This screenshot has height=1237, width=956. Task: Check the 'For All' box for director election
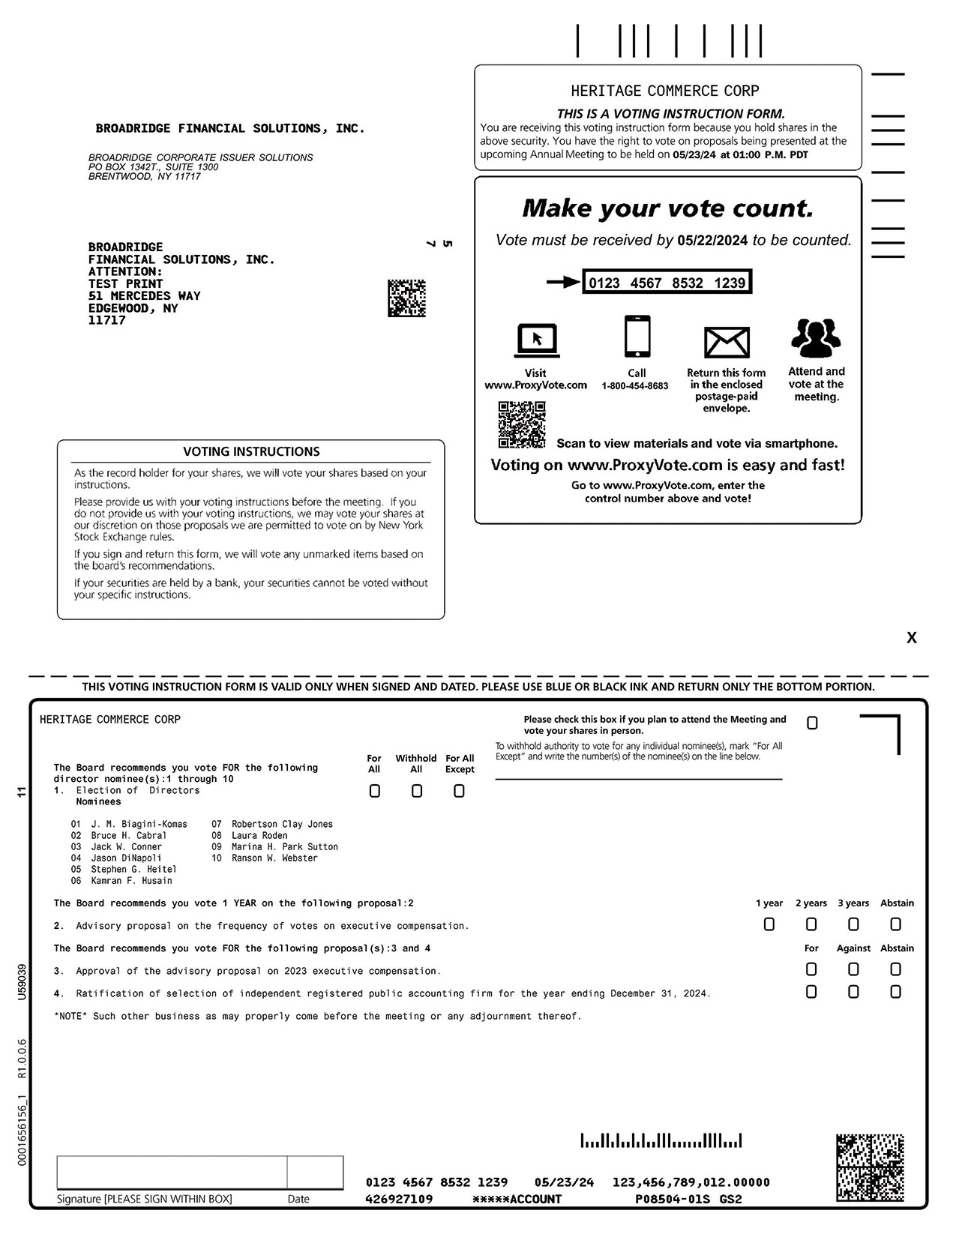tap(375, 791)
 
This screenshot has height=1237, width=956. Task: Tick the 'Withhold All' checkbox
tap(417, 791)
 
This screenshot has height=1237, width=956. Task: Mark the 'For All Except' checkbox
tap(459, 791)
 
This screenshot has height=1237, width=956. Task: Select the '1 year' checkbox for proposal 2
tap(769, 924)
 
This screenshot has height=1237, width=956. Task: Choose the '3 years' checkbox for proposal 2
tap(853, 924)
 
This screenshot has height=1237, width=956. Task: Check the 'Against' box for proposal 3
tap(853, 969)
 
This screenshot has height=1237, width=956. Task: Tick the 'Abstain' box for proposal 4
tap(895, 992)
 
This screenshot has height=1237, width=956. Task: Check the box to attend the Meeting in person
tap(812, 723)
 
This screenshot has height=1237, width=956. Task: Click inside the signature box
tap(172, 1173)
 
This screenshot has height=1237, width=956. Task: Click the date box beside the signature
tap(315, 1173)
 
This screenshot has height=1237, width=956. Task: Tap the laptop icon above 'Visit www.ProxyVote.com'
tap(536, 341)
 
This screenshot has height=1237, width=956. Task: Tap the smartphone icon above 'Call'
tap(637, 337)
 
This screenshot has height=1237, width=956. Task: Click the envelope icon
tap(727, 343)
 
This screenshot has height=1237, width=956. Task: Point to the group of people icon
tap(816, 338)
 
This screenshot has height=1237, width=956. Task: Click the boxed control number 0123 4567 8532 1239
tap(667, 283)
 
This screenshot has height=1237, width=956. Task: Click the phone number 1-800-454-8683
tap(634, 386)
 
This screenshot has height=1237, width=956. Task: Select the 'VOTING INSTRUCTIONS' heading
tap(251, 451)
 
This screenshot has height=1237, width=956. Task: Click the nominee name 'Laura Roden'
tap(259, 835)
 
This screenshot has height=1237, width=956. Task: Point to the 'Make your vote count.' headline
tap(667, 208)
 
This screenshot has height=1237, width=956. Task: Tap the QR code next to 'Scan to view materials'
tap(522, 424)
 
